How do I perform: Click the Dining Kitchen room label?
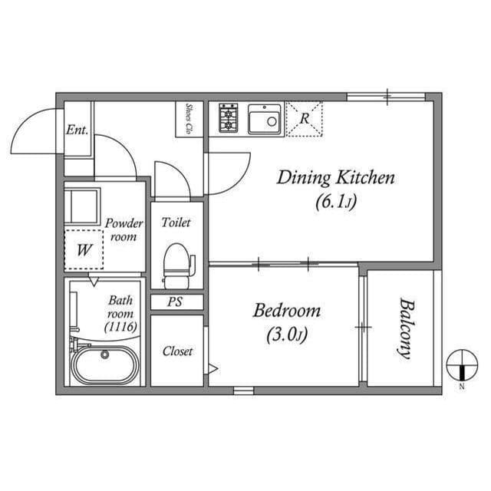pyautogui.click(x=335, y=179)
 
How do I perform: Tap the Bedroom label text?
pyautogui.click(x=287, y=311)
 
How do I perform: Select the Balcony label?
pyautogui.click(x=404, y=328)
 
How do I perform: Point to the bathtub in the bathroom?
pyautogui.click(x=106, y=365)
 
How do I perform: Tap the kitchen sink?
pyautogui.click(x=265, y=119)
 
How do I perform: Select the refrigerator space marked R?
pyautogui.click(x=304, y=119)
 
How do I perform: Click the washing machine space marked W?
pyautogui.click(x=84, y=249)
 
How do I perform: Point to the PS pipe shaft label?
pyautogui.click(x=176, y=302)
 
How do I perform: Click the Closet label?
pyautogui.click(x=177, y=351)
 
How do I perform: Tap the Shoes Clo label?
pyautogui.click(x=188, y=119)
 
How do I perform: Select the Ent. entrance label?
pyautogui.click(x=77, y=130)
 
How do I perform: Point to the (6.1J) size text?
pyautogui.click(x=335, y=203)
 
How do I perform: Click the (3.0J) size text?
pyautogui.click(x=287, y=335)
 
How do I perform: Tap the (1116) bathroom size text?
pyautogui.click(x=120, y=328)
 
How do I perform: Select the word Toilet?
pyautogui.click(x=176, y=222)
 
